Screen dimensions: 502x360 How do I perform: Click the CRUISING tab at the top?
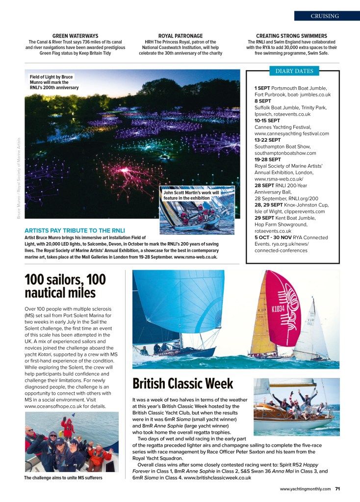click(324, 16)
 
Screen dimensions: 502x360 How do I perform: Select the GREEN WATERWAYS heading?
click(75, 36)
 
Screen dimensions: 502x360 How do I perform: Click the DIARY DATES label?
click(294, 71)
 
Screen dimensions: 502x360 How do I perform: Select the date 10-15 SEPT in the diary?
click(267, 120)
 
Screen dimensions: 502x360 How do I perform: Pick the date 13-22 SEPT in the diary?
click(268, 140)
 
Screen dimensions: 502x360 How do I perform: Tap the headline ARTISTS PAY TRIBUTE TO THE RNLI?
click(75, 230)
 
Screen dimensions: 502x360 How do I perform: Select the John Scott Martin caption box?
click(192, 195)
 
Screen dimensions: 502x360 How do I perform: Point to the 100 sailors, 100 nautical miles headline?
click(65, 286)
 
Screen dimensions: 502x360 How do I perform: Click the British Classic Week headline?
click(183, 383)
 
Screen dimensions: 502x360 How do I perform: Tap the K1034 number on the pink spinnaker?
click(278, 309)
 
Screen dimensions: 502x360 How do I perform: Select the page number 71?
click(338, 488)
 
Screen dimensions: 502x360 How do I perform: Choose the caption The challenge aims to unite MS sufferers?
click(63, 478)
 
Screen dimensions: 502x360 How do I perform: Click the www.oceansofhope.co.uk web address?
click(48, 406)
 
